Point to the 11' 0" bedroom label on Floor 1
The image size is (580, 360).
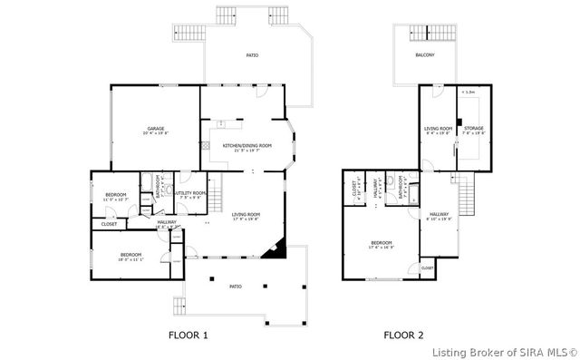[x=115, y=196]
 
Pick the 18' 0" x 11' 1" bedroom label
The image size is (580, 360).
[x=131, y=257]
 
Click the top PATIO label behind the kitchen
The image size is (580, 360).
[x=252, y=56]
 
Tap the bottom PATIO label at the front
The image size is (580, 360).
[x=235, y=287]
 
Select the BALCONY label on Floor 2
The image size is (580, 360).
[x=425, y=55]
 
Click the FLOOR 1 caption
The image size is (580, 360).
[x=188, y=336]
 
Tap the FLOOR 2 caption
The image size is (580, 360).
[x=403, y=336]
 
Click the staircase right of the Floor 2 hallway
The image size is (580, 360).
[x=467, y=192]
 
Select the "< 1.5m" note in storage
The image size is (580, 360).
[x=469, y=92]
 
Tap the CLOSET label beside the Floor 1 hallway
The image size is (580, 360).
[x=109, y=224]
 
